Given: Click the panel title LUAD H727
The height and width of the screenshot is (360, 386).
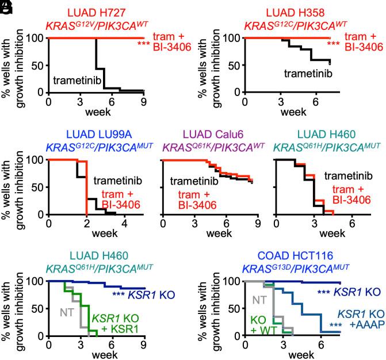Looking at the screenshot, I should point(95,13).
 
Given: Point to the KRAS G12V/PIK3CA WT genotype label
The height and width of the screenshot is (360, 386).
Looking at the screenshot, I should point(95,26).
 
